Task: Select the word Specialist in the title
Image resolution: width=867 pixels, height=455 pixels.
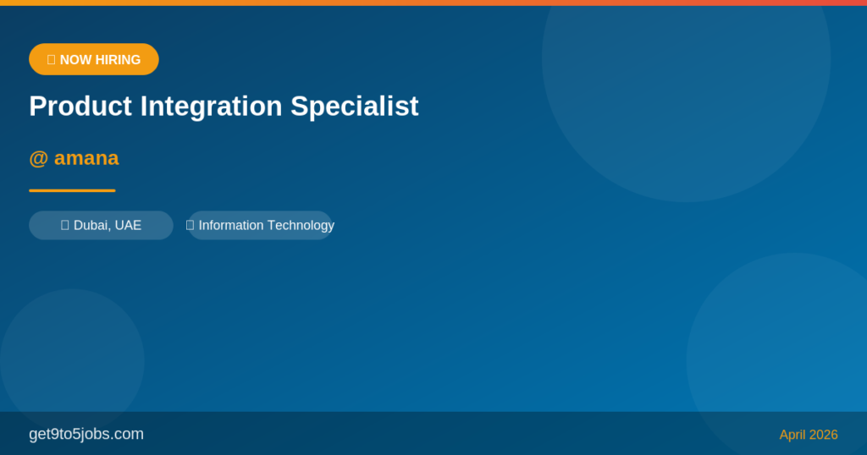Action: point(355,107)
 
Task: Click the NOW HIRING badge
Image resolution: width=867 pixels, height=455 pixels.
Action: point(94,59)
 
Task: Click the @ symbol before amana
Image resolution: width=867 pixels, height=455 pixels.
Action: point(38,158)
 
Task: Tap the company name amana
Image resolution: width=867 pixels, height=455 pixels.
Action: point(86,158)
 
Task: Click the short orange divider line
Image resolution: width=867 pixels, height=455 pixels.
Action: point(72,190)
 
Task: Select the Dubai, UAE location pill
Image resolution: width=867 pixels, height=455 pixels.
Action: point(101,225)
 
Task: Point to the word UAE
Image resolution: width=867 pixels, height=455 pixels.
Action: point(128,225)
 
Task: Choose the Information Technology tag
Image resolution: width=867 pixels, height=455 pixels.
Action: point(260,225)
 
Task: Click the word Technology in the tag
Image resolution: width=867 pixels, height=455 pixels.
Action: point(301,225)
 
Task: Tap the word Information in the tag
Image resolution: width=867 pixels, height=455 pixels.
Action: point(231,225)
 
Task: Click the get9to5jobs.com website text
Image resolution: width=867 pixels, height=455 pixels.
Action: point(86,434)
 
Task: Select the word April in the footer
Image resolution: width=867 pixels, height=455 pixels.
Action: point(792,435)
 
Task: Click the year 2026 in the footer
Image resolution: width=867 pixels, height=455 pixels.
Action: point(824,435)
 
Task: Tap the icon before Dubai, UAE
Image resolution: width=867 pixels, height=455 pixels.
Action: point(65,225)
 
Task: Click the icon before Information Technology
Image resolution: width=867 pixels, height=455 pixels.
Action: point(191,225)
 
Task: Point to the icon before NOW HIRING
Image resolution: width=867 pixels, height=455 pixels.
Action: point(51,59)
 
